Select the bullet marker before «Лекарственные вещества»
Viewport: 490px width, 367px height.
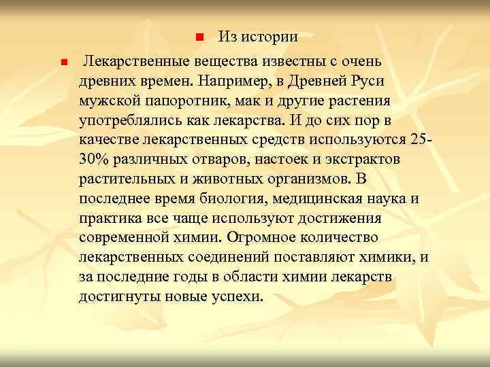(63, 63)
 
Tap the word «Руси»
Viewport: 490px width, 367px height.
(367, 82)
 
